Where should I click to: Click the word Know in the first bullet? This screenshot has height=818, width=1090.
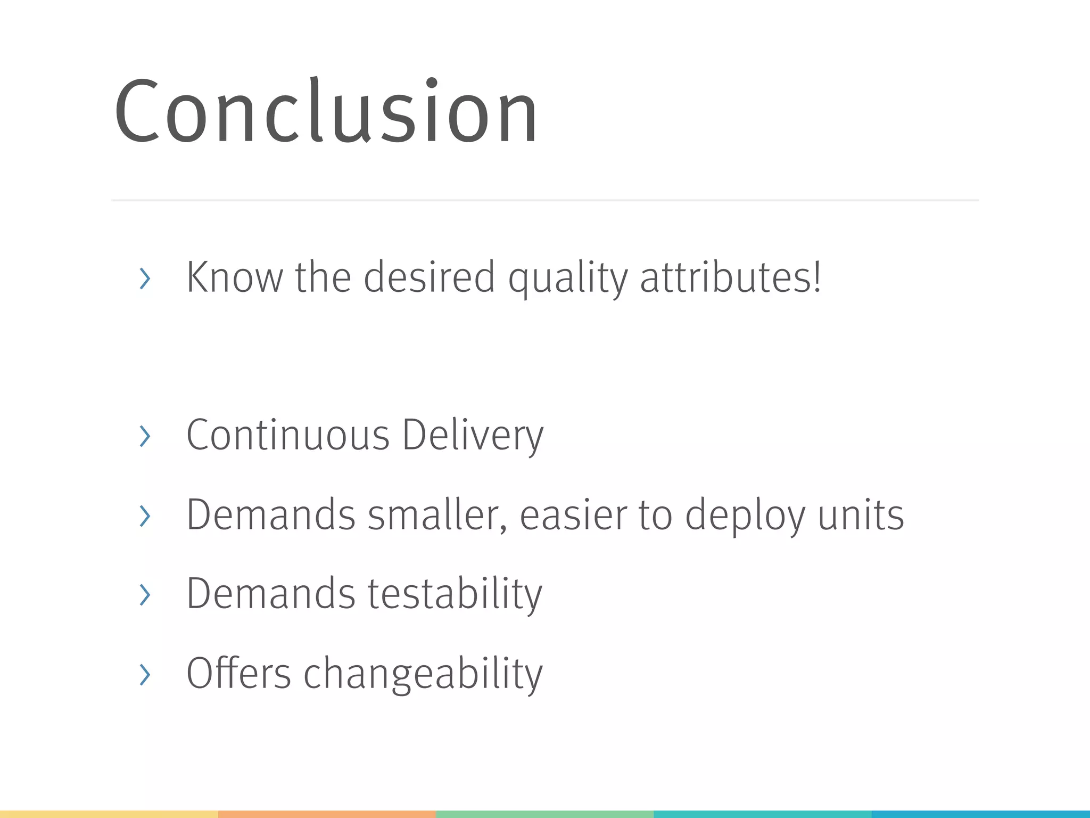pos(234,277)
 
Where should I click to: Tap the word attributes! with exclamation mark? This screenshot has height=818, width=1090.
pos(731,277)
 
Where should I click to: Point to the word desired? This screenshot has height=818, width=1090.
pos(429,277)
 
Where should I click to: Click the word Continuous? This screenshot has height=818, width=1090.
pos(288,435)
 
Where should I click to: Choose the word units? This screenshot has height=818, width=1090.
pos(861,515)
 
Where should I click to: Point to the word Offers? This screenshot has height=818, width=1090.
pos(238,673)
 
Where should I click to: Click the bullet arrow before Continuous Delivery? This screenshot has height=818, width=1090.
pos(144,436)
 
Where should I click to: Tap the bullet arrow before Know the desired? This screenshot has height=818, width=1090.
pos(144,279)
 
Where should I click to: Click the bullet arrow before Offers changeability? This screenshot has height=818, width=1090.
pos(144,674)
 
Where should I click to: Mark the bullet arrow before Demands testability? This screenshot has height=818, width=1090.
pos(144,594)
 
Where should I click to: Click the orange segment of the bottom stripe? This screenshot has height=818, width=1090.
pos(327,814)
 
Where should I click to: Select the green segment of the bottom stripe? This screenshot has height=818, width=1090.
pos(544,814)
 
